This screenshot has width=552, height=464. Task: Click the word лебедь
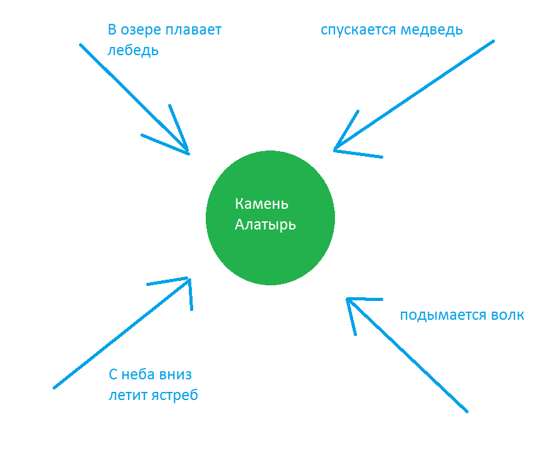point(133,51)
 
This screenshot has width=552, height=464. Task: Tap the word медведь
point(433,30)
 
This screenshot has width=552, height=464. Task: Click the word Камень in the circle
point(262,204)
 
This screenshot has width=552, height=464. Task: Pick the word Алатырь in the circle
point(265,224)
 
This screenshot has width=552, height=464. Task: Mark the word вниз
point(176,375)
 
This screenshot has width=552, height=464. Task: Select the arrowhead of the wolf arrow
point(348,299)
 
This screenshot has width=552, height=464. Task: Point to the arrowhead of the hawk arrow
point(188,280)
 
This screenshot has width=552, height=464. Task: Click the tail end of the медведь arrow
point(493,42)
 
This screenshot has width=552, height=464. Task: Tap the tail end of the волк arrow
point(466,411)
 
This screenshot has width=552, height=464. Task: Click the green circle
point(270,251)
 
